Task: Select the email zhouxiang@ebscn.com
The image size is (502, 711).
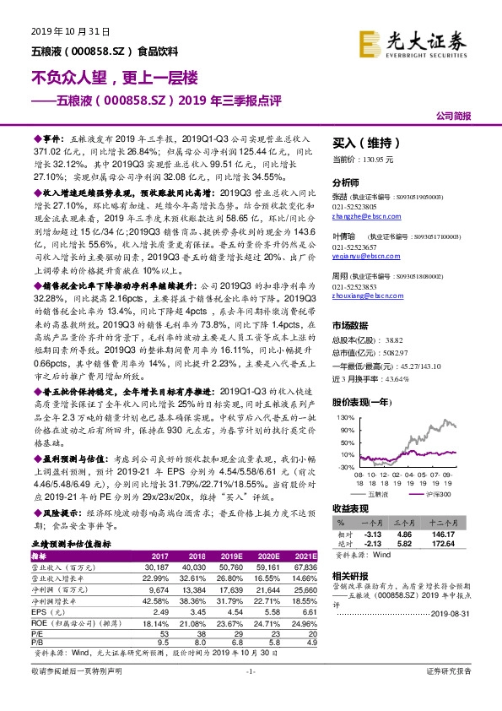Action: click(x=368, y=296)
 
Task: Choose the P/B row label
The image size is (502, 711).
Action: click(x=38, y=641)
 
